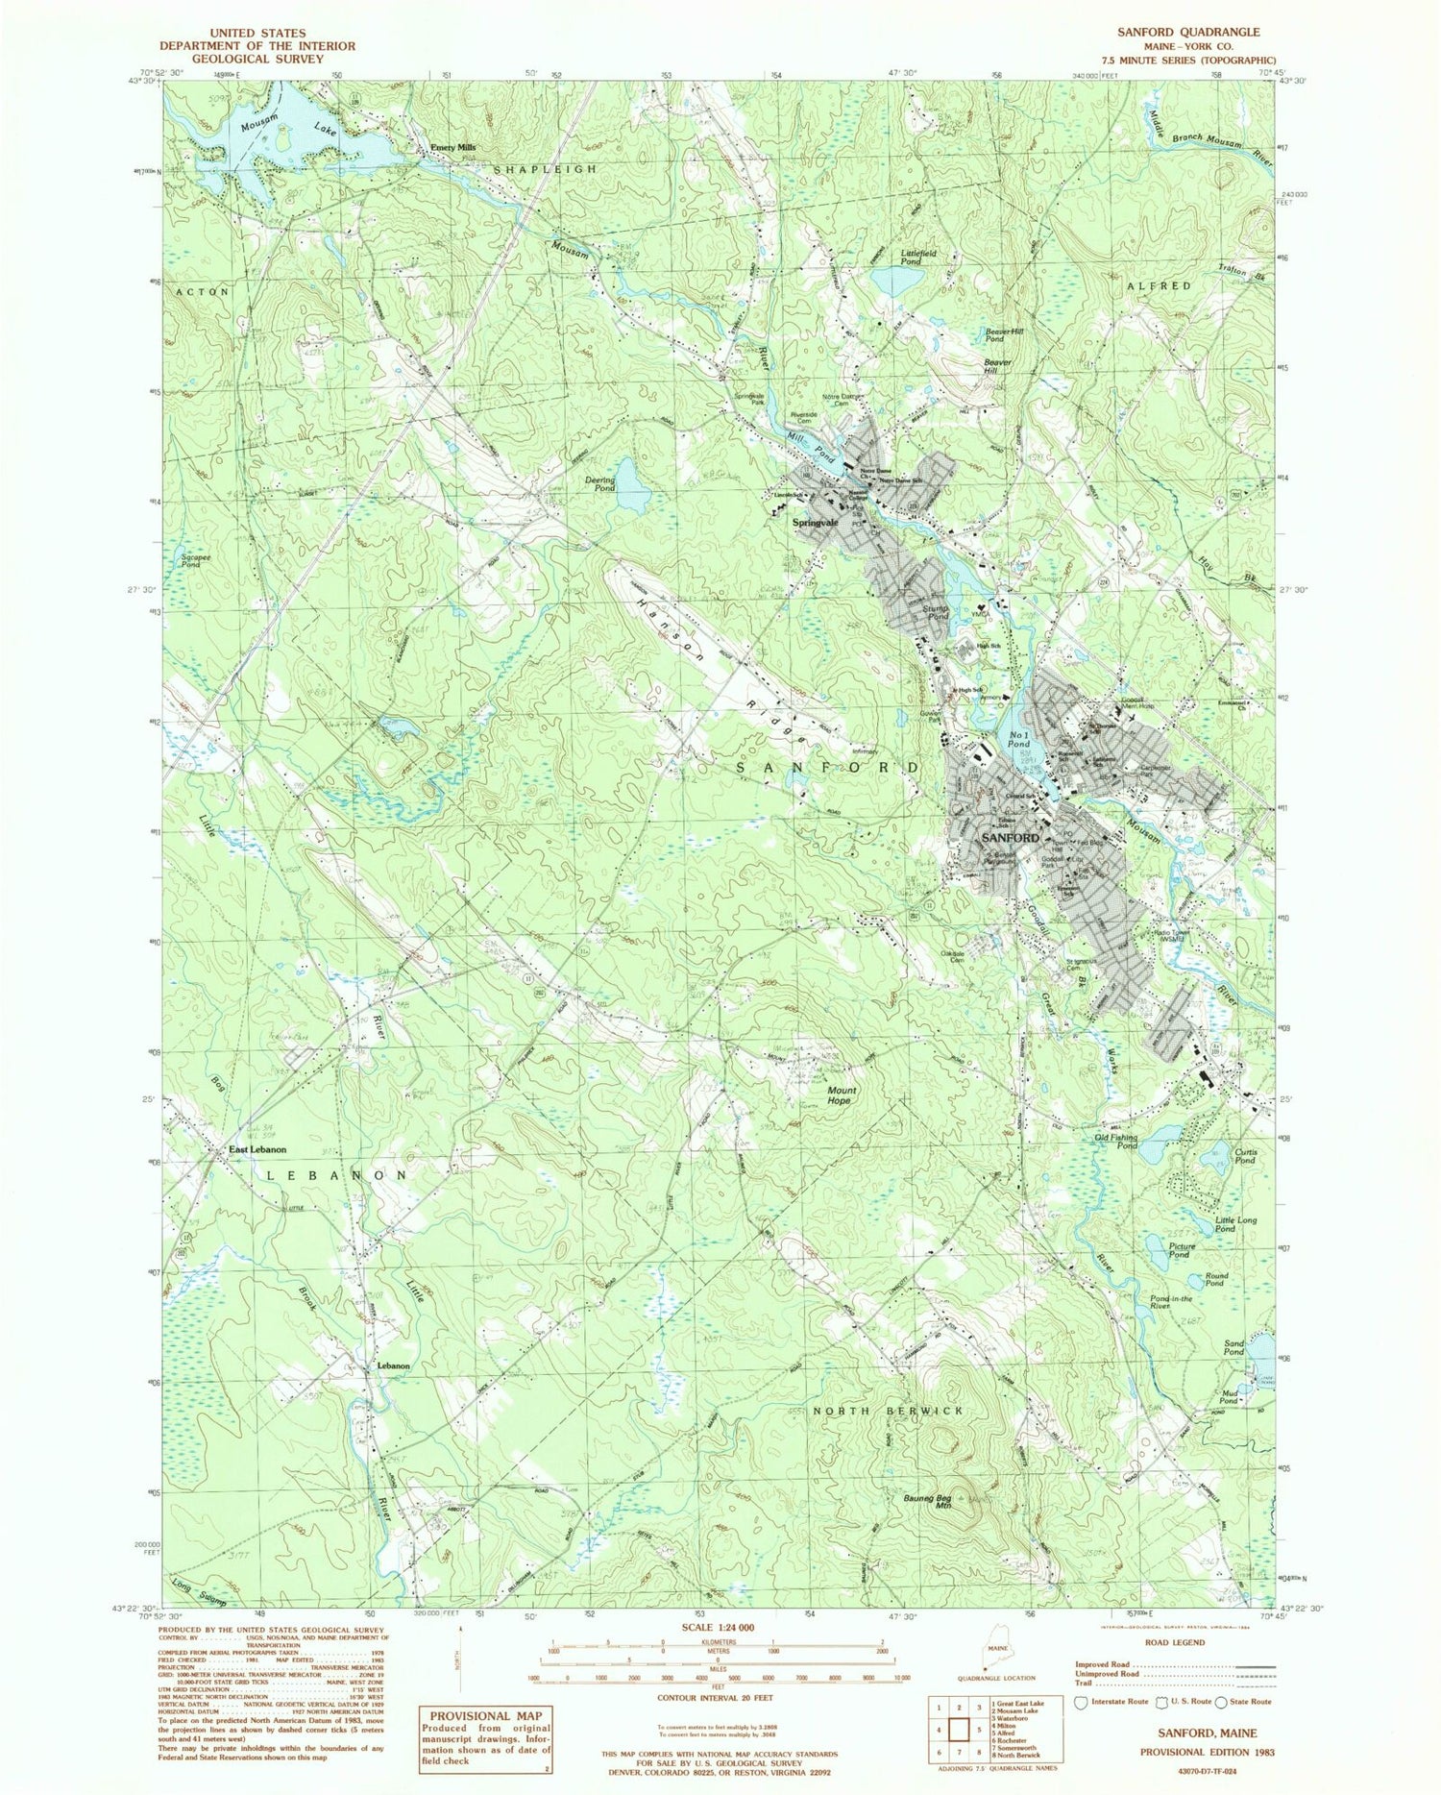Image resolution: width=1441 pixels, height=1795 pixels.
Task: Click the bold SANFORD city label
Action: click(x=1010, y=838)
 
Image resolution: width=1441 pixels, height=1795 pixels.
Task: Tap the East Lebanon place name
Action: click(x=256, y=1149)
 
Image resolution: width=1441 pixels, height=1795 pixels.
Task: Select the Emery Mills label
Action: click(x=452, y=148)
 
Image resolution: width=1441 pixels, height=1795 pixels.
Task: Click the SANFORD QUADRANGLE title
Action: click(x=1187, y=32)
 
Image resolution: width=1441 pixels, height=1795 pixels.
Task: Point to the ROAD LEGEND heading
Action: click(x=1173, y=1642)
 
